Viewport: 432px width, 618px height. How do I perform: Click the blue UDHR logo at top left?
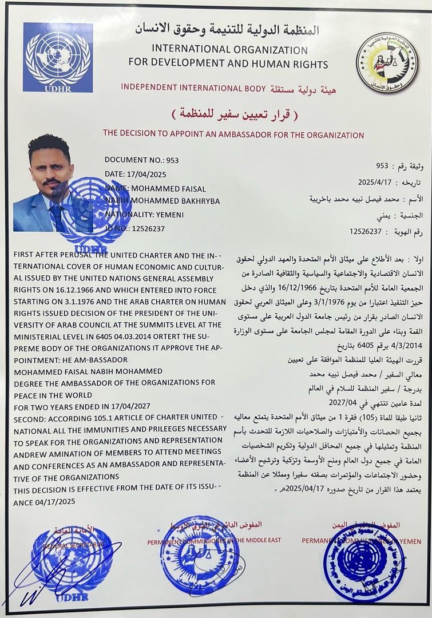pyautogui.click(x=58, y=57)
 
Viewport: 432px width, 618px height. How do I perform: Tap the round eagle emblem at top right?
pyautogui.click(x=387, y=63)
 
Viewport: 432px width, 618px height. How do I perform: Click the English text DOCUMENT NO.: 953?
pyautogui.click(x=141, y=160)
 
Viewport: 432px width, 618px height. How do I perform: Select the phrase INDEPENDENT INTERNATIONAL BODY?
pyautogui.click(x=193, y=88)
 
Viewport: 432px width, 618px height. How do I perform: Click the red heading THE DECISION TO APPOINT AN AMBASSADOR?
pyautogui.click(x=233, y=135)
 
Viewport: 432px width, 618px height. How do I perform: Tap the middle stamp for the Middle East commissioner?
pyautogui.click(x=200, y=555)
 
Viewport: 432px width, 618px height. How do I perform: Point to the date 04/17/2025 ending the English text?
pyautogui.click(x=48, y=501)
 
